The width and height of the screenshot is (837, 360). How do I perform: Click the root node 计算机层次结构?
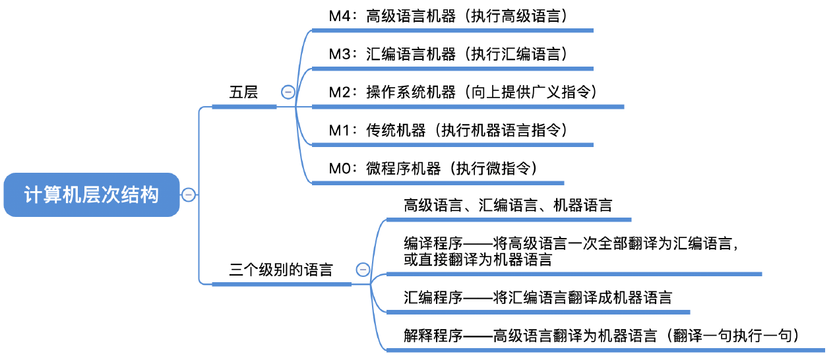click(92, 195)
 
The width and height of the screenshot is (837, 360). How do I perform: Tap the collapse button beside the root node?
click(189, 195)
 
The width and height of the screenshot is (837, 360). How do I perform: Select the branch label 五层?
click(243, 92)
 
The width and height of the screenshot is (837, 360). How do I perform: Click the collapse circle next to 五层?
click(288, 92)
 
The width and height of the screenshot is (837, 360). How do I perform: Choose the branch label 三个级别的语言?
click(281, 270)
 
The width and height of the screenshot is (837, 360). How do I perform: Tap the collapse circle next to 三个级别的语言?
click(362, 270)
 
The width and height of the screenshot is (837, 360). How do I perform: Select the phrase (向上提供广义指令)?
click(532, 92)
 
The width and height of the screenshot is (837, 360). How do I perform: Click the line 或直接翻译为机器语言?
click(478, 260)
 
